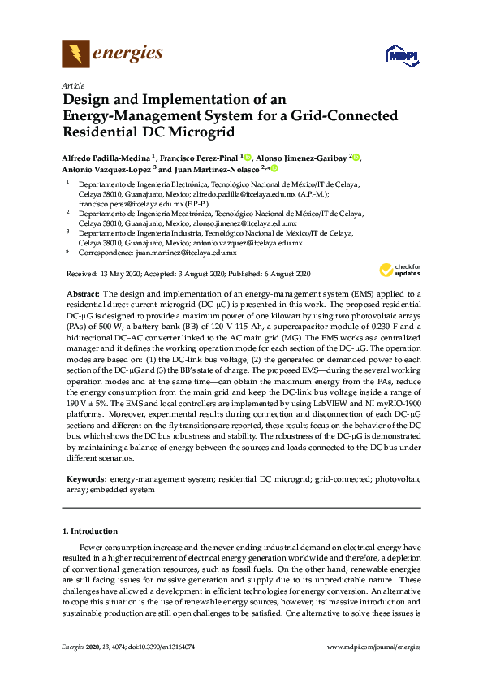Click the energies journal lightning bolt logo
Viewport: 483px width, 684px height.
(x=75, y=54)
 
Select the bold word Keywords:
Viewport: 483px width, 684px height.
(x=87, y=480)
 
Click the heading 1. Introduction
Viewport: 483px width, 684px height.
(x=89, y=531)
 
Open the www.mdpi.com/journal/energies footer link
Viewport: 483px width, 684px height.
(x=373, y=669)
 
